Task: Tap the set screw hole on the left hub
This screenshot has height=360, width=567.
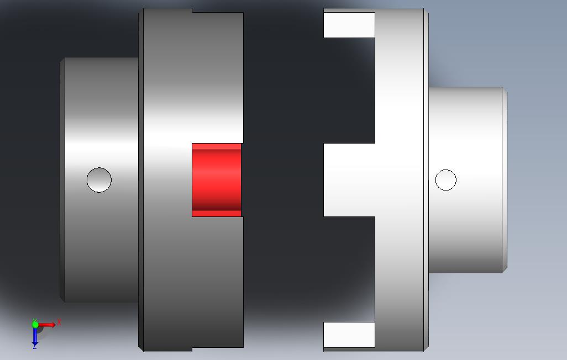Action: tap(99, 180)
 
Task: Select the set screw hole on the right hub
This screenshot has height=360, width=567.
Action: tap(445, 180)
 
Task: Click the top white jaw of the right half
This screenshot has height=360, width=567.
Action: tap(349, 25)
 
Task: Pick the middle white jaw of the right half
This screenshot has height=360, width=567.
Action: tap(349, 179)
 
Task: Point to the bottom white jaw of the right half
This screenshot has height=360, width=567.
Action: tap(349, 335)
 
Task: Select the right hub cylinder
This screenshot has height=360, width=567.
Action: tap(465, 127)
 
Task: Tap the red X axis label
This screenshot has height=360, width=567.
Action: tap(59, 322)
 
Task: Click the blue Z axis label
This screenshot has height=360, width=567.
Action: tap(34, 347)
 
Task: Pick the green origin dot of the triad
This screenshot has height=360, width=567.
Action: tap(35, 325)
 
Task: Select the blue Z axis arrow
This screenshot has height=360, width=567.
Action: tap(35, 336)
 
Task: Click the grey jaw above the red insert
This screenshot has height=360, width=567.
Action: tap(217, 77)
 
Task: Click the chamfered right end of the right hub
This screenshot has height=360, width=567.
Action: tap(505, 179)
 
